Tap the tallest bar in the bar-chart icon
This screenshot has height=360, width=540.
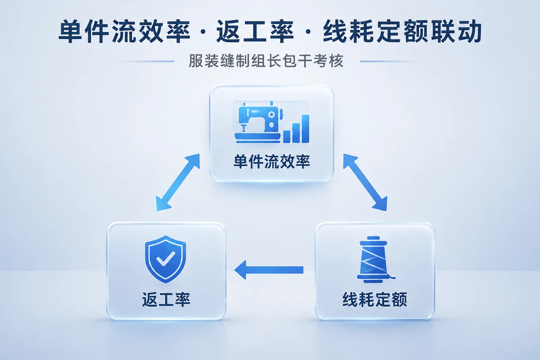point(306,129)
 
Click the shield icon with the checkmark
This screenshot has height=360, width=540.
point(165,259)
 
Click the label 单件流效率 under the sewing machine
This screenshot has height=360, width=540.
point(272,162)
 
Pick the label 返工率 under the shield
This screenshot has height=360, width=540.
point(166,300)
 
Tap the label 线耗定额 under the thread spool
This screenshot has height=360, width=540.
point(375,300)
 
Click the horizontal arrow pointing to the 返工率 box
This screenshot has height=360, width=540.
point(269,270)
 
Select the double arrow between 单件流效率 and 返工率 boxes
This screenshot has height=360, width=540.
point(178,182)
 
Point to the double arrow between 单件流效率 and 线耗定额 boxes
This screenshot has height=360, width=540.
point(365,182)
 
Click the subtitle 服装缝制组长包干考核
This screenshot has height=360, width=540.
point(266,61)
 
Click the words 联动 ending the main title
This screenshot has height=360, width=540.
point(456,32)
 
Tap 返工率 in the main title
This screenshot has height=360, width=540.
point(255,32)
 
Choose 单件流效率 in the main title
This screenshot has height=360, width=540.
point(125,32)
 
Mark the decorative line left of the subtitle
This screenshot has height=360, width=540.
point(147,62)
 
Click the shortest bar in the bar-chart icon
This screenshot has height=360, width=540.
point(287,137)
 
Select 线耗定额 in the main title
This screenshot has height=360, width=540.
point(376,32)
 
